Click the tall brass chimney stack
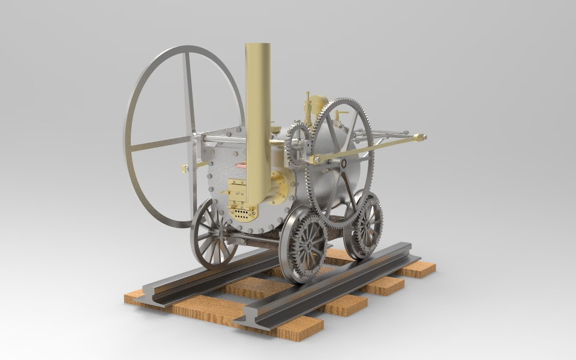[x=257, y=108]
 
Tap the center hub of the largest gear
[x=343, y=162]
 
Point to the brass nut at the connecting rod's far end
[x=422, y=137]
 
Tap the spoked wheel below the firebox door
[x=214, y=233]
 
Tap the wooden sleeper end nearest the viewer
[x=300, y=329]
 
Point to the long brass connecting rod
[x=366, y=148]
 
